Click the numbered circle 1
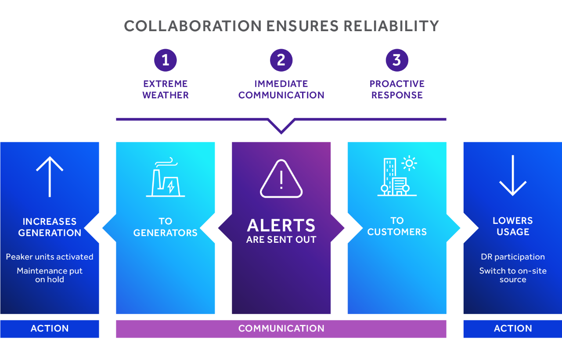pyautogui.click(x=166, y=60)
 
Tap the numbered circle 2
pyautogui.click(x=281, y=60)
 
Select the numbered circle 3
pyautogui.click(x=397, y=60)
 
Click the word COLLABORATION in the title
pyautogui.click(x=193, y=26)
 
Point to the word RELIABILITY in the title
pyautogui.click(x=391, y=26)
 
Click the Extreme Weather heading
pyautogui.click(x=166, y=90)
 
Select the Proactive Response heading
pyautogui.click(x=397, y=90)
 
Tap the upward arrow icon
pyautogui.click(x=50, y=176)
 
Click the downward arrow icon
pyautogui.click(x=513, y=175)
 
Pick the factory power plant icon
pyautogui.click(x=166, y=177)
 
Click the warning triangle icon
pyautogui.click(x=281, y=179)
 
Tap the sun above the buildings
pyautogui.click(x=409, y=163)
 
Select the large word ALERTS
pyautogui.click(x=281, y=225)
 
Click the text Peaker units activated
pyautogui.click(x=50, y=257)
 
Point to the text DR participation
pyautogui.click(x=513, y=257)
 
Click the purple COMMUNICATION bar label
pyautogui.click(x=281, y=329)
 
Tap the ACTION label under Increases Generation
pyautogui.click(x=50, y=329)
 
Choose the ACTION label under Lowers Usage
pyautogui.click(x=513, y=329)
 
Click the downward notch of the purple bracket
pyautogui.click(x=281, y=133)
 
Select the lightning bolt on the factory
pyautogui.click(x=171, y=187)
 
